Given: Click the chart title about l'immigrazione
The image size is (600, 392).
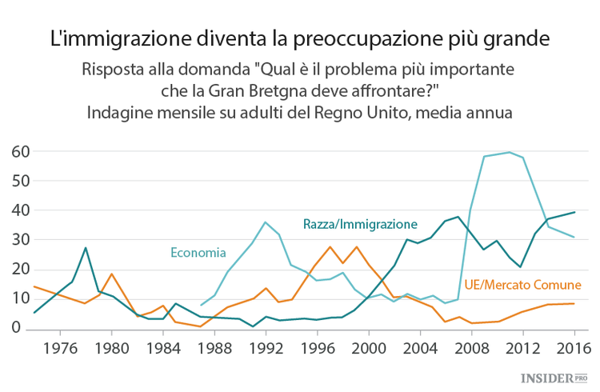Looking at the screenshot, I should click(300, 38).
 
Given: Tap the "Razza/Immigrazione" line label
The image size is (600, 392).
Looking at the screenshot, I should click(360, 224).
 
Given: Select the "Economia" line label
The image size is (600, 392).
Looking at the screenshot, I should click(198, 253).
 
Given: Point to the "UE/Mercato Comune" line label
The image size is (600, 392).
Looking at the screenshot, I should click(523, 285).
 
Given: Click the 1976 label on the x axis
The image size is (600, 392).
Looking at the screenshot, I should click(61, 349).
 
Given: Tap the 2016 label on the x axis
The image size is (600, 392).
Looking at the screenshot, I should click(573, 349).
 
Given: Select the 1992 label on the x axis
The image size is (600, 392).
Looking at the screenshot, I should click(266, 349).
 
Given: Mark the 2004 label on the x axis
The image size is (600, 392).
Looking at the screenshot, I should click(419, 349).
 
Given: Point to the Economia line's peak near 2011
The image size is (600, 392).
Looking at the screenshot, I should click(509, 152).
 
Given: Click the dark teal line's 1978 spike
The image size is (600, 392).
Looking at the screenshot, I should click(86, 248).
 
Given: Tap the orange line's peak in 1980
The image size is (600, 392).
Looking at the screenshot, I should click(112, 274).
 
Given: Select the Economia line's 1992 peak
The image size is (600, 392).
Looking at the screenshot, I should click(266, 222).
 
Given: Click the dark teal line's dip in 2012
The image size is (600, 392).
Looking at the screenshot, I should click(522, 266).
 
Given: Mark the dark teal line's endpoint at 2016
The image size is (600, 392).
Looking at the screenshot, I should click(573, 212).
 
